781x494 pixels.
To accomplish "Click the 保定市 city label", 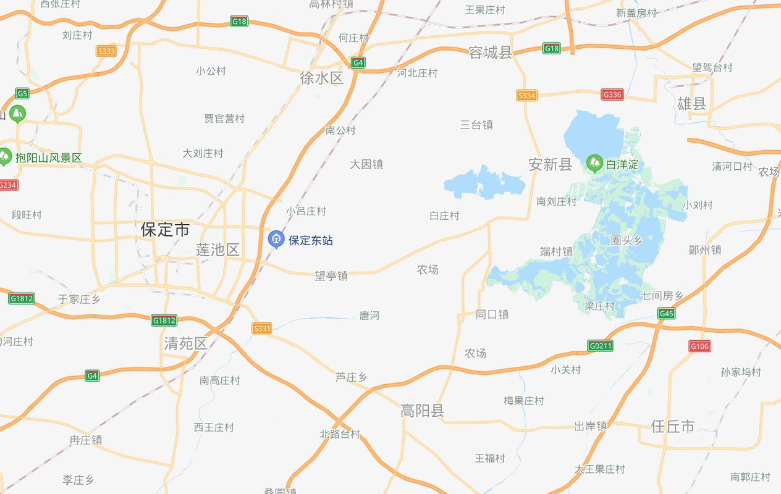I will click(165, 230).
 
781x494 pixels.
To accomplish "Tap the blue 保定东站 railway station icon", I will click(276, 239).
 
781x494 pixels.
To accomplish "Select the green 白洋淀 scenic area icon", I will click(594, 163).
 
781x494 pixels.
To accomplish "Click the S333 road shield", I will click(106, 51).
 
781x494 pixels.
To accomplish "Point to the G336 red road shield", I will click(612, 94).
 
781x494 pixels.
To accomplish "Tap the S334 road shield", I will click(526, 95).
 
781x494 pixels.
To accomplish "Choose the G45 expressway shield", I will click(666, 314).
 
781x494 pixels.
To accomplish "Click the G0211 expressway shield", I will click(600, 346).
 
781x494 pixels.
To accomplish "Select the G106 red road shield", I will click(699, 346).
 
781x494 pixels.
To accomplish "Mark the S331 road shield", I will click(262, 329).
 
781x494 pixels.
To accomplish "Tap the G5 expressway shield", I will click(23, 93).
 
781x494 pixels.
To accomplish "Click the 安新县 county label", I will click(551, 164).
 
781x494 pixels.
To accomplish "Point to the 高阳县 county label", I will click(423, 411).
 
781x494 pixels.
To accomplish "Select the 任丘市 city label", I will click(673, 425).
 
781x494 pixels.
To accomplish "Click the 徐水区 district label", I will click(321, 78).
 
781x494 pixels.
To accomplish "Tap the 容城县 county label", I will click(491, 53).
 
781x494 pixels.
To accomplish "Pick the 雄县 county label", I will click(691, 104).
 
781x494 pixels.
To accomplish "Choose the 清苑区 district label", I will click(185, 343).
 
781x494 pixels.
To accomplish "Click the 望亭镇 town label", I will click(331, 276).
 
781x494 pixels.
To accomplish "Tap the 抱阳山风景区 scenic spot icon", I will click(6, 157).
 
